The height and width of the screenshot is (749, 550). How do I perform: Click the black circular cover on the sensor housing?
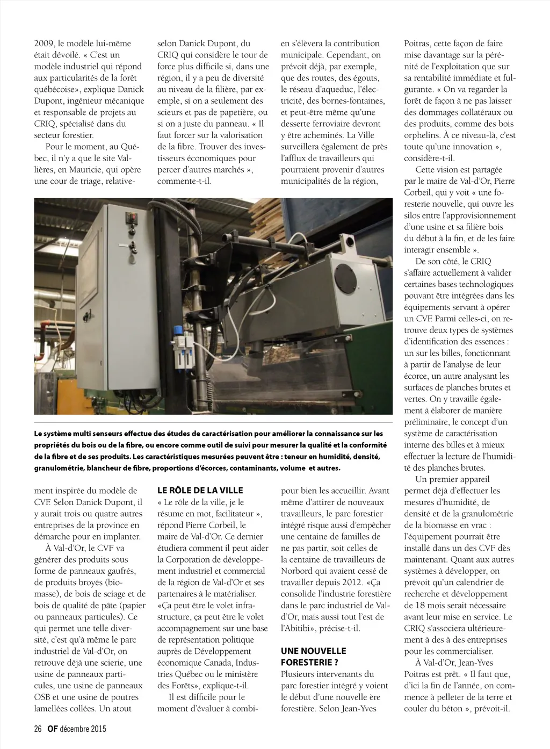click(x=344, y=279)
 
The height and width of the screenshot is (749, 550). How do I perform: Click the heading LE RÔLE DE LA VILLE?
click(x=200, y=490)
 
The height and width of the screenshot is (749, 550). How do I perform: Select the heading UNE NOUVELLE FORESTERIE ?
click(x=313, y=657)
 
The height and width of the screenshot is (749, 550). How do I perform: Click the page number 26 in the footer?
click(x=38, y=729)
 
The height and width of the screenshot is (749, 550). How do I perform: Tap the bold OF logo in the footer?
click(x=52, y=729)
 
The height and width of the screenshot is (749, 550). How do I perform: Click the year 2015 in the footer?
click(x=97, y=729)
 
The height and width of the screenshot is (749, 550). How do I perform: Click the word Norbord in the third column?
click(x=298, y=571)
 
